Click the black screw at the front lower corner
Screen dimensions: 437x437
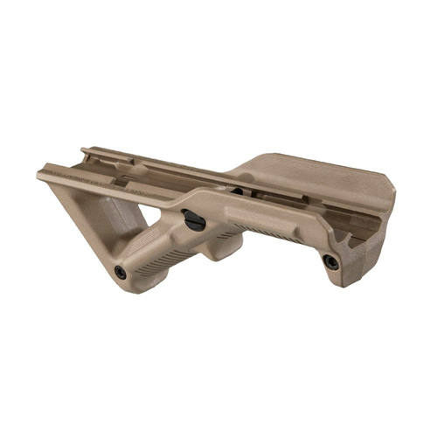click(x=121, y=273)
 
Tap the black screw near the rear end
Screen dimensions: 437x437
click(x=331, y=261)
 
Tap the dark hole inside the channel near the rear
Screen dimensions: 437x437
click(x=238, y=191)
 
